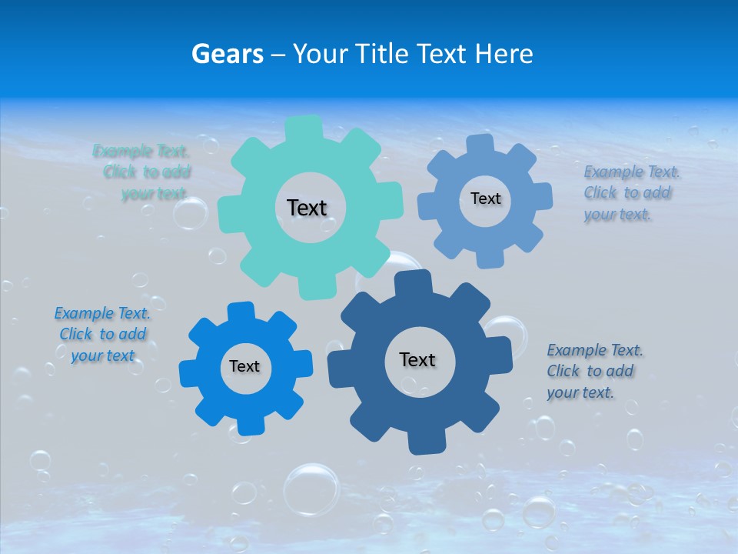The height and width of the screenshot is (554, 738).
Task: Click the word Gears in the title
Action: click(228, 54)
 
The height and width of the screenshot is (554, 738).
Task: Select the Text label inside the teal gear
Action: click(307, 208)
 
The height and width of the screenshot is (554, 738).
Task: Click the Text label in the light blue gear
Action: click(485, 199)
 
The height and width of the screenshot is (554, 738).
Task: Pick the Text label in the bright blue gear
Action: click(244, 366)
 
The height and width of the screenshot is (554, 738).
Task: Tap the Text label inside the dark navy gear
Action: click(417, 359)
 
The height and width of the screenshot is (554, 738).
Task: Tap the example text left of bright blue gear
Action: click(102, 334)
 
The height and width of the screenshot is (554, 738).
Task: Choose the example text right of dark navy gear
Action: click(593, 371)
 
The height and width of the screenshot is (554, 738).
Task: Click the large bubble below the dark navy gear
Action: click(311, 489)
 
